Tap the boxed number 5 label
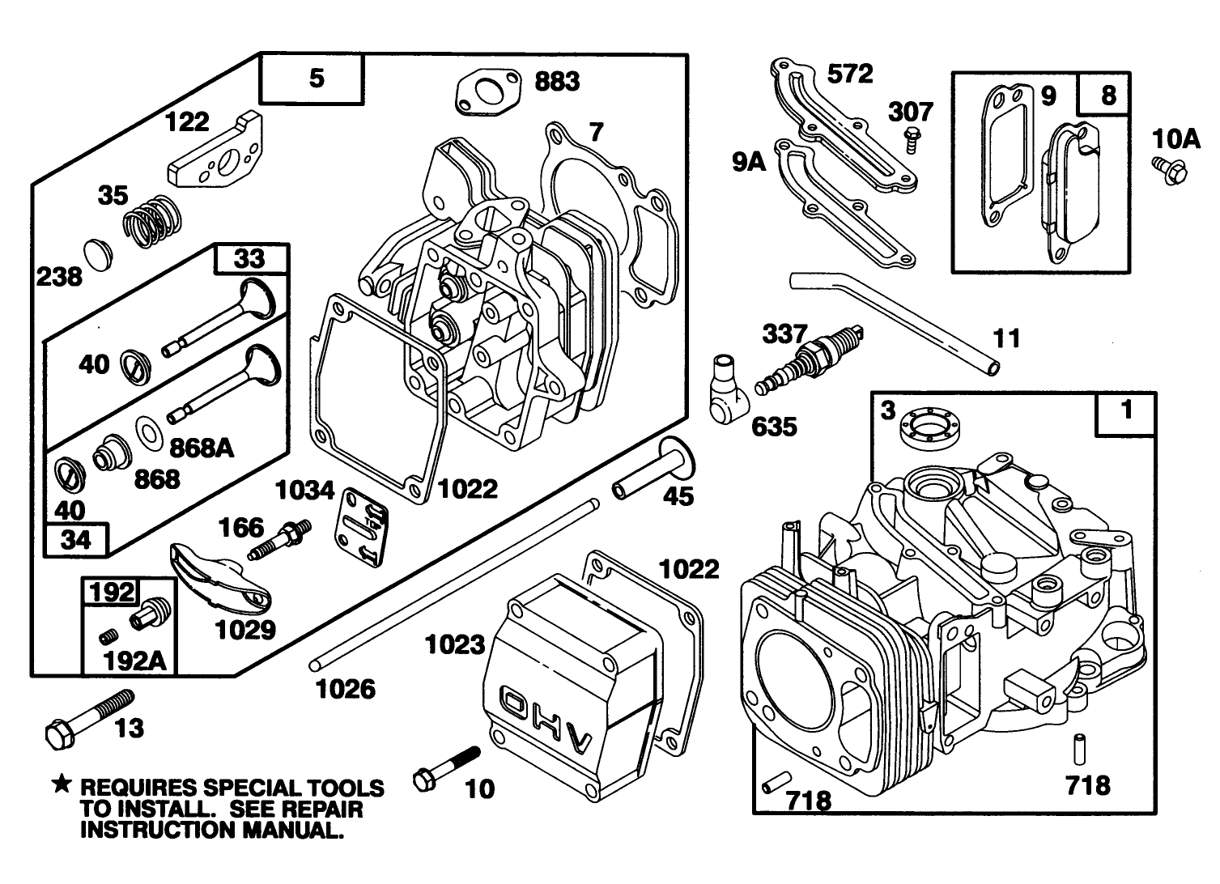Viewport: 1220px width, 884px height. (x=316, y=78)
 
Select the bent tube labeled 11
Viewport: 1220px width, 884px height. (x=891, y=319)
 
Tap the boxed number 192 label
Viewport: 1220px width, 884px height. (x=112, y=592)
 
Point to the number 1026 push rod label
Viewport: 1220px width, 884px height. (x=345, y=689)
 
